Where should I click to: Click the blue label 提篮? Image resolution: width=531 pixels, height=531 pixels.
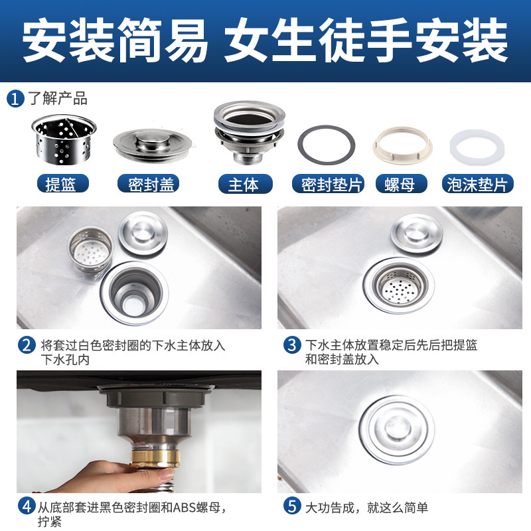click(63, 184)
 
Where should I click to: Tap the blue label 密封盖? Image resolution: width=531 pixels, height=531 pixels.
click(148, 184)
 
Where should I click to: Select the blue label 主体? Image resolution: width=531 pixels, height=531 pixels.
click(245, 184)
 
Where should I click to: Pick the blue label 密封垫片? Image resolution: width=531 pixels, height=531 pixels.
click(328, 184)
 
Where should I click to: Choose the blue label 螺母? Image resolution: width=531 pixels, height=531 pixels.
click(402, 184)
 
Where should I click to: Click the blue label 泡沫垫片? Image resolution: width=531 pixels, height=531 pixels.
click(477, 184)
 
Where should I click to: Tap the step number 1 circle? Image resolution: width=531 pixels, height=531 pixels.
click(15, 99)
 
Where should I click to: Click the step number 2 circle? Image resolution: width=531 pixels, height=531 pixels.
click(27, 345)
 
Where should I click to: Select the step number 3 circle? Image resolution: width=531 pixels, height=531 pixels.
click(292, 344)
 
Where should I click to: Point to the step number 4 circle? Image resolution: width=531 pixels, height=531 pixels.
click(27, 506)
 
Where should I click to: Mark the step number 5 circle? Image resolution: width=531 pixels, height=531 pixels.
click(292, 506)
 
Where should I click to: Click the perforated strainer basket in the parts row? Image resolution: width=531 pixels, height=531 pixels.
click(64, 139)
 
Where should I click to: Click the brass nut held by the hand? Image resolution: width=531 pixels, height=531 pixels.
click(155, 457)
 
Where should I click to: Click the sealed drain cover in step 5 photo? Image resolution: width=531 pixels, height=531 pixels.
click(397, 430)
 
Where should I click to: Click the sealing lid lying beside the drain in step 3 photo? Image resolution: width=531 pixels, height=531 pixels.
click(417, 234)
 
